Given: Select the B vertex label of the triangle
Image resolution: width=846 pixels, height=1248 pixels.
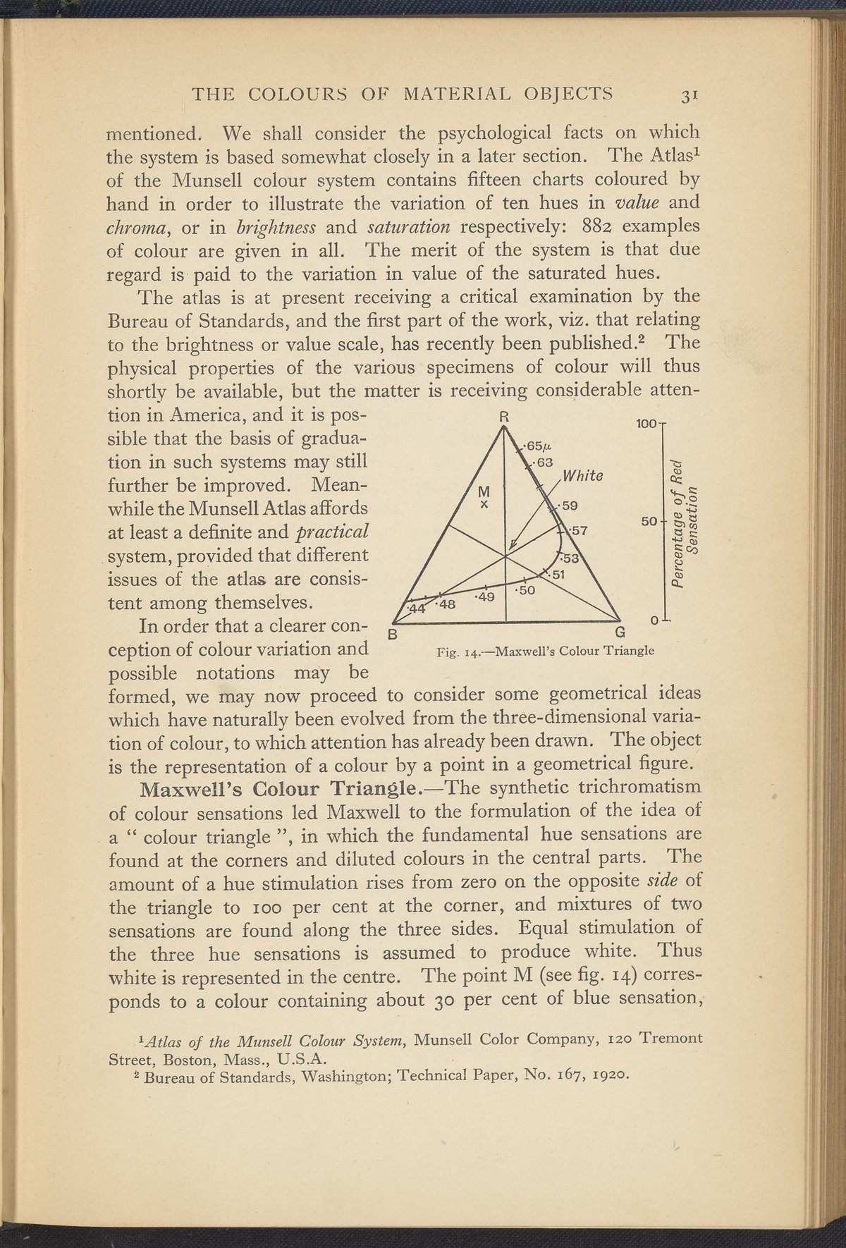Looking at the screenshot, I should pyautogui.click(x=393, y=634).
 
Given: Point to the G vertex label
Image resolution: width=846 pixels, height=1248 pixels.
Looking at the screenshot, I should pyautogui.click(x=619, y=631).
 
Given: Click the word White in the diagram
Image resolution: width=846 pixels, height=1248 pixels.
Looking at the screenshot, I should pyautogui.click(x=582, y=476).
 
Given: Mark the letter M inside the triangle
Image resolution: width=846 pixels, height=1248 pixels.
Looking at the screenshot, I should pyautogui.click(x=484, y=491).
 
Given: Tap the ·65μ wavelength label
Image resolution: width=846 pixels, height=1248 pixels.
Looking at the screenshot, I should pyautogui.click(x=537, y=446).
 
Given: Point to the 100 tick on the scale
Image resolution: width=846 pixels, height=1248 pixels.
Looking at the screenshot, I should pyautogui.click(x=646, y=425).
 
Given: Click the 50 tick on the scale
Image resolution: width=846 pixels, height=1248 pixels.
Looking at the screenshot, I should pyautogui.click(x=649, y=521).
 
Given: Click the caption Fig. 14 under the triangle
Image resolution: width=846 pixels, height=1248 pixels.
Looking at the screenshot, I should pyautogui.click(x=546, y=650).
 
